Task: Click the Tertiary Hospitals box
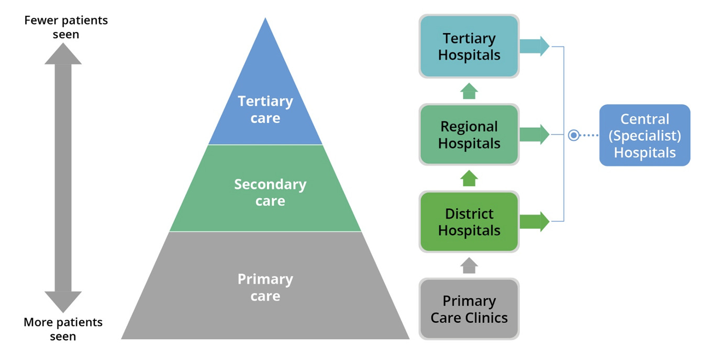click(469, 47)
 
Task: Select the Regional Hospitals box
click(469, 135)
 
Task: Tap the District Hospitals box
click(469, 222)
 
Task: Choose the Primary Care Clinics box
click(469, 309)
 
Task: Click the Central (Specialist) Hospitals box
click(644, 136)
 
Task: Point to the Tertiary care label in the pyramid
click(265, 109)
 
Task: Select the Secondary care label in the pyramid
click(270, 193)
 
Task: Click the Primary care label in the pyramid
click(265, 287)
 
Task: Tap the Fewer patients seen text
click(66, 27)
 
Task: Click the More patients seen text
click(63, 329)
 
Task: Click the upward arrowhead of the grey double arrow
click(63, 54)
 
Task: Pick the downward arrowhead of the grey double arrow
click(63, 301)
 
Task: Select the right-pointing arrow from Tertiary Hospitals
click(534, 47)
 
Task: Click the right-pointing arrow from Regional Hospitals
click(534, 135)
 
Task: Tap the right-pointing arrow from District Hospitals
click(534, 222)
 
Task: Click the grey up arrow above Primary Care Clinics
click(470, 265)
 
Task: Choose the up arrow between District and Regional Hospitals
click(470, 178)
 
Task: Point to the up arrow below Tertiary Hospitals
click(470, 91)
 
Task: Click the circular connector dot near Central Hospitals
click(574, 136)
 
